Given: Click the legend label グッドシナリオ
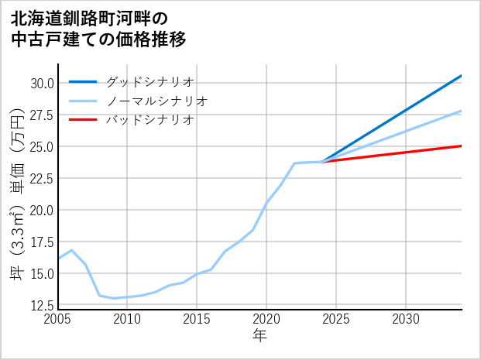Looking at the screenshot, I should coord(150,81).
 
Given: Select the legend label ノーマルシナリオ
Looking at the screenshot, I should coord(157,101).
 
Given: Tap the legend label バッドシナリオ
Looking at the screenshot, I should coord(150,120).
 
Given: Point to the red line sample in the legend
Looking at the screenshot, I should coord(83,120).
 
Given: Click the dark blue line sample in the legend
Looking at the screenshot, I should coord(83,81).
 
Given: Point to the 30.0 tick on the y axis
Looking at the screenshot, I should coord(42,83).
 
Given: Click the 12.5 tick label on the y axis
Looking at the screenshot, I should coord(42,305).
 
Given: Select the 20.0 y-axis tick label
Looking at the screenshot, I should coord(42,210).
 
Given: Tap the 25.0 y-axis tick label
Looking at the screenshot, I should coord(42,146).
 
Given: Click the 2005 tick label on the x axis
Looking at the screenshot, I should coord(58,320).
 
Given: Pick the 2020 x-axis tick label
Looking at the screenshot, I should coord(266,320).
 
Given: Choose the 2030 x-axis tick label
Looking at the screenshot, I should coord(406,320).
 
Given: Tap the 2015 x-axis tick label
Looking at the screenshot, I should coord(197,320).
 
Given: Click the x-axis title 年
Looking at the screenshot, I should coord(259,337).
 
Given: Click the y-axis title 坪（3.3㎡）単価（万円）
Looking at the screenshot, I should coord(17,194).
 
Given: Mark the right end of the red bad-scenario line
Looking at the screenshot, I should coord(462,146).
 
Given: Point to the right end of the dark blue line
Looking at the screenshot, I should coord(462,75).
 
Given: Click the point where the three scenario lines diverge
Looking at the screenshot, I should coord(322,162).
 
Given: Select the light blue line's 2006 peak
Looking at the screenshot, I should coord(71,250).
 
